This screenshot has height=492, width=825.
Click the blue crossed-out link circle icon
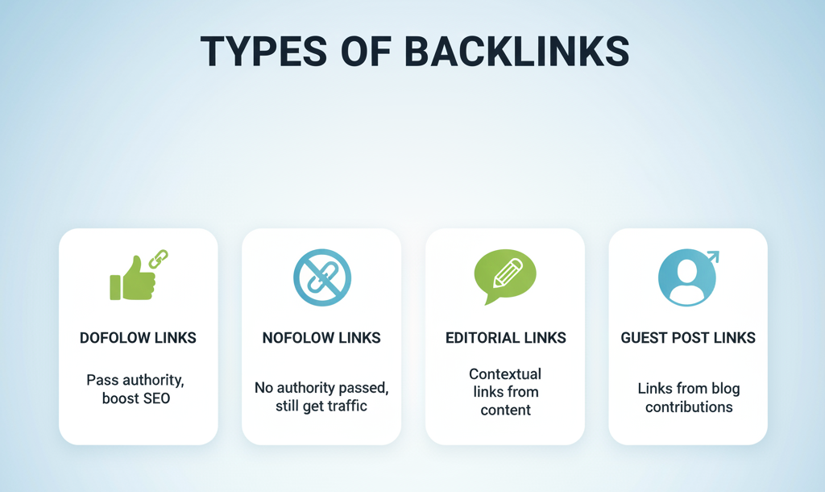(321, 277)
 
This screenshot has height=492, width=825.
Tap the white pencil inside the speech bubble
(507, 271)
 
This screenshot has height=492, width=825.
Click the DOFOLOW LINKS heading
(138, 338)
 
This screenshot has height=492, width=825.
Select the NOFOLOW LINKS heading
(321, 338)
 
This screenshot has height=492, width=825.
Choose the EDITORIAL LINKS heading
(505, 338)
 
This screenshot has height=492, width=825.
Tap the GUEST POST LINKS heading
(688, 338)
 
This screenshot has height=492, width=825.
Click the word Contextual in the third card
(505, 374)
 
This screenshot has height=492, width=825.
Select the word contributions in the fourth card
(689, 407)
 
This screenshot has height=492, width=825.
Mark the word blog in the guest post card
(724, 389)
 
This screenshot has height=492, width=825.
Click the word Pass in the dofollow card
(101, 380)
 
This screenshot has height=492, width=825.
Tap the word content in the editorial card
(505, 410)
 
